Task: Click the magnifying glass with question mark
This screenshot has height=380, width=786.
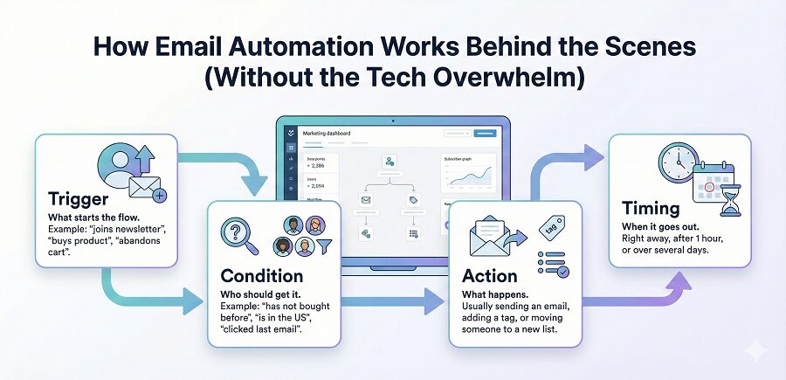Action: coord(242,234)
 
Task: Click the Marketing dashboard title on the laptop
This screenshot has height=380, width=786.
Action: coord(327,133)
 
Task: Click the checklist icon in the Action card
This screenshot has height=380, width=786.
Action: coord(550,263)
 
